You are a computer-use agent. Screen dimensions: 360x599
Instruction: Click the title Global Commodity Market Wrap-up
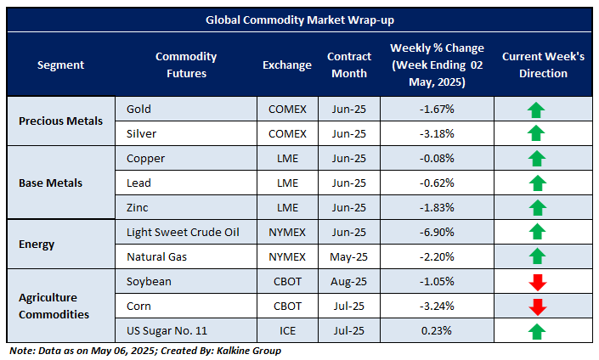[x=299, y=19]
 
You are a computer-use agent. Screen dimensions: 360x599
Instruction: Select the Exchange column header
[x=286, y=65]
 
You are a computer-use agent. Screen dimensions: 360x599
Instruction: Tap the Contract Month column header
[x=349, y=65]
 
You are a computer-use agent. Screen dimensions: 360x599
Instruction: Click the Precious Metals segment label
[x=60, y=121]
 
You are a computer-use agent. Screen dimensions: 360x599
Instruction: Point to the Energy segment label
[x=37, y=245]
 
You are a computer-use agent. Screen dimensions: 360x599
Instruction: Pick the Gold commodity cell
[x=138, y=109]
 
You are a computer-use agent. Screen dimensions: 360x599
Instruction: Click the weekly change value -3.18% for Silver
[x=437, y=133]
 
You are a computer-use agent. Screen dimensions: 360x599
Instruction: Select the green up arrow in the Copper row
[x=535, y=159]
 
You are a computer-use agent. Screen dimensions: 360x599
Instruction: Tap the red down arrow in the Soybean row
[x=535, y=282]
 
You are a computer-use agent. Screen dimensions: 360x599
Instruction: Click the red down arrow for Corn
[x=535, y=307]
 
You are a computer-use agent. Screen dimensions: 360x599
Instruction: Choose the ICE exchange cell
[x=286, y=331]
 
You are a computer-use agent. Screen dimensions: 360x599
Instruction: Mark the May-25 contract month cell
[x=349, y=256]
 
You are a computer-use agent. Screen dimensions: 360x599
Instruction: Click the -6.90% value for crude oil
[x=437, y=232]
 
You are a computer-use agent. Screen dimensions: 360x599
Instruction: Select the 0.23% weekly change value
[x=437, y=331]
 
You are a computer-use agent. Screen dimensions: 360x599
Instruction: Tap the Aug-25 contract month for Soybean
[x=349, y=282]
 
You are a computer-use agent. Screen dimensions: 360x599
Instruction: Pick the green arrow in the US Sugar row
[x=535, y=331]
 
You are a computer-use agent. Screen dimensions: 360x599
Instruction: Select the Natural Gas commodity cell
[x=156, y=256]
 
